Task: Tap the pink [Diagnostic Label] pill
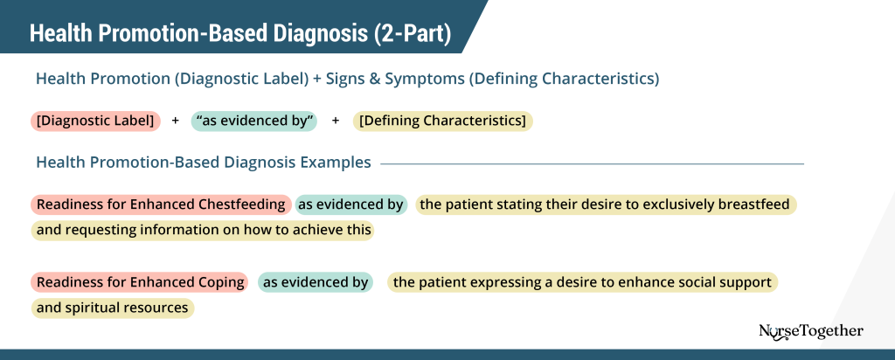click(x=96, y=121)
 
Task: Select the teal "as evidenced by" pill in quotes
click(x=258, y=121)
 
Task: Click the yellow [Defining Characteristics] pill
click(x=442, y=121)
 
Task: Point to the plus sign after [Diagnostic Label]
click(x=175, y=121)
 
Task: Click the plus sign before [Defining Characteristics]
click(x=336, y=121)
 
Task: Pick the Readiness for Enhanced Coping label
click(x=139, y=282)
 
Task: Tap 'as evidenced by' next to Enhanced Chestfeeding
click(x=351, y=204)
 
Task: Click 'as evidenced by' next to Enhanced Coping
click(x=316, y=282)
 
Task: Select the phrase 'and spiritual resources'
click(x=112, y=308)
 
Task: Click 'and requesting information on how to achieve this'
click(x=204, y=231)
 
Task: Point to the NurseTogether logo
click(x=811, y=331)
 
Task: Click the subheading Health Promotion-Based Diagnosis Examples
click(x=203, y=163)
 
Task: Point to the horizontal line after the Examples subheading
click(x=592, y=163)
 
